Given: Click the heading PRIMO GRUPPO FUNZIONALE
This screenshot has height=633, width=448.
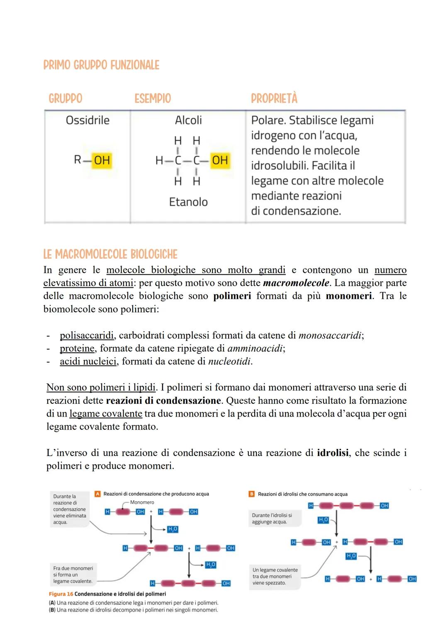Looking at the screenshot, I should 101,65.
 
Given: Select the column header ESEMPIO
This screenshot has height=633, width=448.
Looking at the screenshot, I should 152,99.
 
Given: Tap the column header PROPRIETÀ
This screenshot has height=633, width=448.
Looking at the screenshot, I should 274,99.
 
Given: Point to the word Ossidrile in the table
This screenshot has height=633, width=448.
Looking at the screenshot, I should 88,121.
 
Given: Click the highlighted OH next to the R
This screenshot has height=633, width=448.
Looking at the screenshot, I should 102,160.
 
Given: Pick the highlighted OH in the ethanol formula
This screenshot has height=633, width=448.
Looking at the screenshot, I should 220,160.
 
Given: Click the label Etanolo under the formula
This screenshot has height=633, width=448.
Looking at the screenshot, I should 188,202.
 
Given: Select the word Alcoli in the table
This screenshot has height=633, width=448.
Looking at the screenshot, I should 188,121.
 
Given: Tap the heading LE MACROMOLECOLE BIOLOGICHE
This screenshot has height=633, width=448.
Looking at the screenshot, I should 110,254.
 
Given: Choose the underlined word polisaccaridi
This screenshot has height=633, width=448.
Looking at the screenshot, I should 86,335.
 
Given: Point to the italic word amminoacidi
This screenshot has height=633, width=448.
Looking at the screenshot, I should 255,348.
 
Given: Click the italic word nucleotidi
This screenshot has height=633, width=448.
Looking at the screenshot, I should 229,361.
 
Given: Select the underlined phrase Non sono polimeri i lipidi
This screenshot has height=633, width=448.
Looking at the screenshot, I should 101,388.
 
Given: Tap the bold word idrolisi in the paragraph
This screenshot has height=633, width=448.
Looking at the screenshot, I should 332,453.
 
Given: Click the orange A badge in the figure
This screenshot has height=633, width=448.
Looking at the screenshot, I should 97,494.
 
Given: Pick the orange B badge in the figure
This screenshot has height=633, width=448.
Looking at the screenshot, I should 251,494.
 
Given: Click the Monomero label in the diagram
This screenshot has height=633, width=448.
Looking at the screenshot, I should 142,502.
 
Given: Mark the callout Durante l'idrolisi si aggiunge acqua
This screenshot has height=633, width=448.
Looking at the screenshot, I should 272,519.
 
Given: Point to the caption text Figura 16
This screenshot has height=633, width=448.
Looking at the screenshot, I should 61,594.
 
